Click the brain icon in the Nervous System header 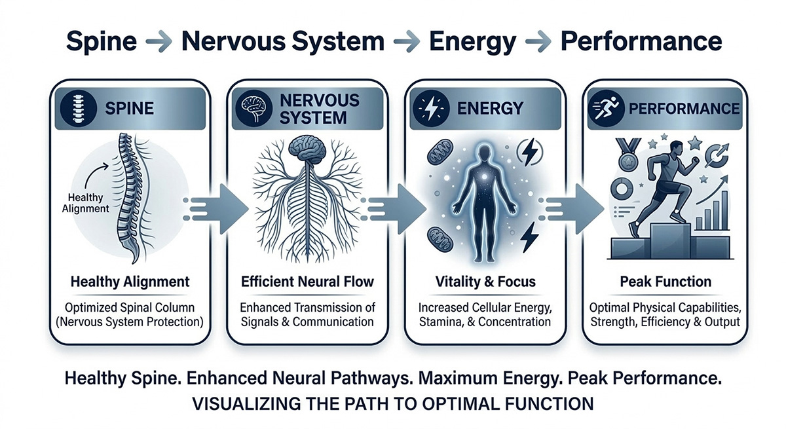coord(252,109)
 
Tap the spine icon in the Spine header coord(78,109)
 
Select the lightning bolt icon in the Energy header coord(430,109)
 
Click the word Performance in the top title coord(640,41)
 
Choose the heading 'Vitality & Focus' coord(485,282)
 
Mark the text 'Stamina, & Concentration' coord(485,322)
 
